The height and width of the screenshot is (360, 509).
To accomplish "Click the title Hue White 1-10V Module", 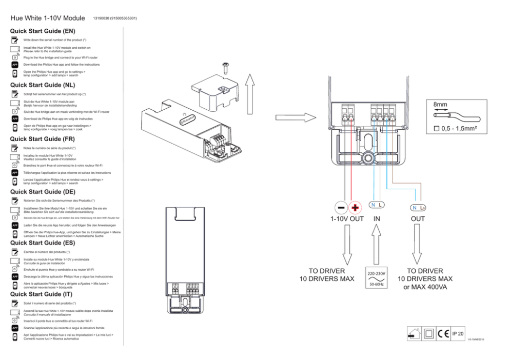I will coord(48,18).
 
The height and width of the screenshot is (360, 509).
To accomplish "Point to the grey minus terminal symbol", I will coord(341,207).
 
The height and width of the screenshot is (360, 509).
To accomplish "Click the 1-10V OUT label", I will coord(347,219).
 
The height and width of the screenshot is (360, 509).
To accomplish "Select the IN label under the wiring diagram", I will coord(377,219).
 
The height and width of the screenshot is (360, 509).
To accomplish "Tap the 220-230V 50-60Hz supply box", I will coord(377,277).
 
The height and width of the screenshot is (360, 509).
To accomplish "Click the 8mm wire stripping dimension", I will coord(440,105).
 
